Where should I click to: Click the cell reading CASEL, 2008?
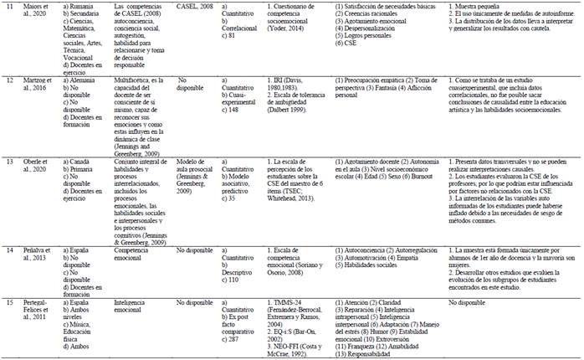[x=196, y=6]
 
